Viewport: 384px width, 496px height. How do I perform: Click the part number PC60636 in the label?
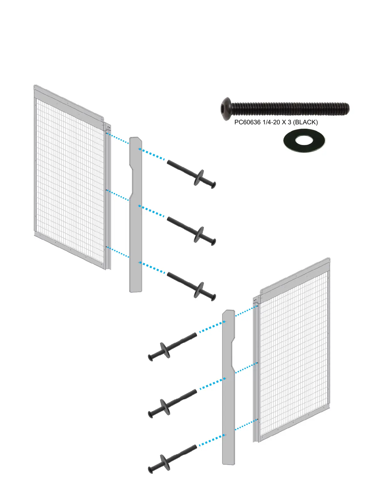coord(247,122)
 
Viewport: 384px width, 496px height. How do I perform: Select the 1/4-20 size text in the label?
coord(271,122)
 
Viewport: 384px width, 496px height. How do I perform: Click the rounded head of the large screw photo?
coord(226,108)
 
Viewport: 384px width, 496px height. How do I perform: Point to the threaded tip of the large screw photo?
coord(345,109)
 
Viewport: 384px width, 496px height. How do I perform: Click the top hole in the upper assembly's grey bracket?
coord(139,149)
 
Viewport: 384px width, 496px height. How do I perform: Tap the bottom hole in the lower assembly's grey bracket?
coord(226,435)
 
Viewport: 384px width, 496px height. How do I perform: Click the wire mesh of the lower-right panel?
coord(293,354)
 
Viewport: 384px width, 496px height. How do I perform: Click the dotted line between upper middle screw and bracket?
coord(152,211)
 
